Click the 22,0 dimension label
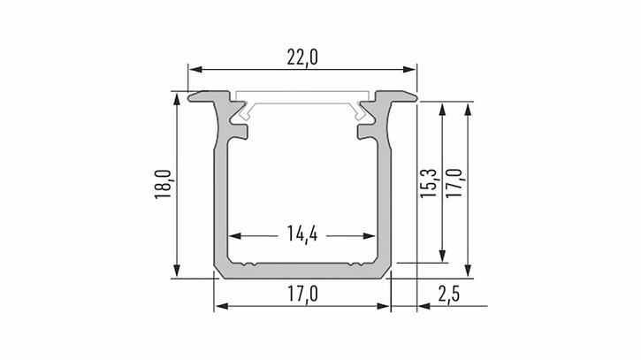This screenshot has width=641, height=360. [302, 57]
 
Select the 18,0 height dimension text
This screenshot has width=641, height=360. [162, 184]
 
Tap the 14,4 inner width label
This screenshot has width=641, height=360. [302, 234]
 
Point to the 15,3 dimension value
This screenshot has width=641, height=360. [429, 183]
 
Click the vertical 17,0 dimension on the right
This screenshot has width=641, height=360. [454, 183]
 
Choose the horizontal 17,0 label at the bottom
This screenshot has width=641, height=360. [302, 295]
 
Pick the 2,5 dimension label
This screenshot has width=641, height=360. [449, 295]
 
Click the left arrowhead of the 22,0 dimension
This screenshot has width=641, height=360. [195, 69]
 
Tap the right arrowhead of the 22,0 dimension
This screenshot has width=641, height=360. [409, 69]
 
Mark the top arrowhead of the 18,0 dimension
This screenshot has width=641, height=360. [177, 100]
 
